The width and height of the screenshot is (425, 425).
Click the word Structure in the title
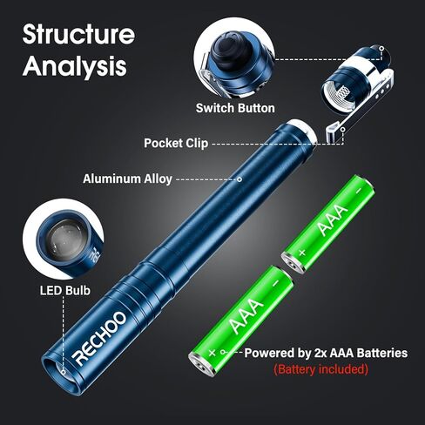coord(78,34)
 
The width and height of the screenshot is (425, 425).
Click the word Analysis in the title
coord(75,66)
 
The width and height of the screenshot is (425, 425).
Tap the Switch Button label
coord(235,108)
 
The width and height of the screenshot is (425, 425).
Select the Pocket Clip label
coord(176,143)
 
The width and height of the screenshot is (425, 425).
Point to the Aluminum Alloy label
coord(127,179)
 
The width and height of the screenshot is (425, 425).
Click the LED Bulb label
coord(65,290)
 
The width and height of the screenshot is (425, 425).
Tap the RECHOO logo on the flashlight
coord(101,338)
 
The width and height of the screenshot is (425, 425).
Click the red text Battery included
coord(320,369)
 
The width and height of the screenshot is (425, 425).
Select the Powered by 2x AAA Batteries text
coord(326,353)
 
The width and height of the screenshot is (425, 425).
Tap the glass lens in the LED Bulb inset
coord(64,239)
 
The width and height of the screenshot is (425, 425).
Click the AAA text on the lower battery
coord(246,316)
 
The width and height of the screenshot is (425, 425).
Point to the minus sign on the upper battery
coord(359,191)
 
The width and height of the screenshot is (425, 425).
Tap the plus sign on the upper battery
coord(302,253)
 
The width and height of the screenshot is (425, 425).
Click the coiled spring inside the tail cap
coord(343,92)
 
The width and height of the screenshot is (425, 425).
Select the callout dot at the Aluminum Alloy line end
coord(239,179)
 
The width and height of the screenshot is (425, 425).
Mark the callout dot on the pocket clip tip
coord(343,129)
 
